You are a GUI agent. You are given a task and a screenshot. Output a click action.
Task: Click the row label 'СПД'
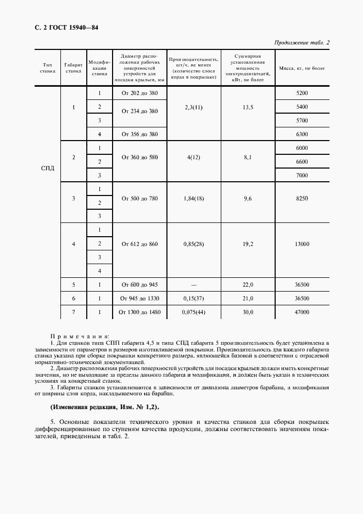[x=47, y=168]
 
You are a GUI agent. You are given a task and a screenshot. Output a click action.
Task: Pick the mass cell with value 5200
[x=301, y=93]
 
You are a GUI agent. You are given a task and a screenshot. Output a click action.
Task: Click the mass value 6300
[x=301, y=134]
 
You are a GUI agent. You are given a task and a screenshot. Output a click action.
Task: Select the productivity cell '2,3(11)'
[x=194, y=107]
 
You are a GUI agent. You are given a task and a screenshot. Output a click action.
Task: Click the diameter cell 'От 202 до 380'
[x=139, y=93]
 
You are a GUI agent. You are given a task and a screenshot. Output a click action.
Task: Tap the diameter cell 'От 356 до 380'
[x=139, y=134]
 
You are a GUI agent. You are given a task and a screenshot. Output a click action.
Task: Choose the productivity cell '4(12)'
[x=194, y=157]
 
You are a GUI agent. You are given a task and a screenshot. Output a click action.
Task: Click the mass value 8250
[x=301, y=198]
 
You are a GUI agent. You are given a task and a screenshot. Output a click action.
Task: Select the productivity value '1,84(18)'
[x=194, y=198]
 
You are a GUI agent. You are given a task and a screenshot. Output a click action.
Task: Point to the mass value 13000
[x=301, y=244]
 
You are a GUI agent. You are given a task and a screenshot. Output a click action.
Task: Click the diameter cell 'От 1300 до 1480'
[x=139, y=312]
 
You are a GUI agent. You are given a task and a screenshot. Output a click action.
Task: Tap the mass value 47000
[x=301, y=312]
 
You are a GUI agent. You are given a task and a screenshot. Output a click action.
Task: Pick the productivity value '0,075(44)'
[x=194, y=312]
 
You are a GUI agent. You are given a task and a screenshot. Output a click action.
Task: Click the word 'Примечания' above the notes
[x=79, y=336]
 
